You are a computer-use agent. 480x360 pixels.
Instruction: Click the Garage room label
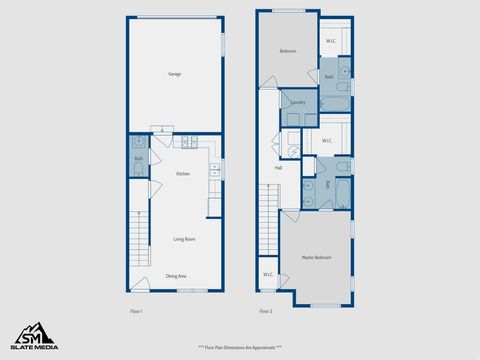[175, 74]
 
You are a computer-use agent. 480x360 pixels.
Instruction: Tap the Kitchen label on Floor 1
[183, 174]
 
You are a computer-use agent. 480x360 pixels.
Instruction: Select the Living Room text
[184, 239]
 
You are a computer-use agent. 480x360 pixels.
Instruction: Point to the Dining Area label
[176, 276]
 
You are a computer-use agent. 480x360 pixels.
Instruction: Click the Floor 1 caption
[137, 312]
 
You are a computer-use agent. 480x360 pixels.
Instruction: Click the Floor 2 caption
[266, 312]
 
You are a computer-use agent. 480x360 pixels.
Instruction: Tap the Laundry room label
[297, 102]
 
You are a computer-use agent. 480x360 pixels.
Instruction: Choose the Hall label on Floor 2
[279, 168]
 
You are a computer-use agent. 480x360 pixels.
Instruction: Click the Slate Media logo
[34, 336]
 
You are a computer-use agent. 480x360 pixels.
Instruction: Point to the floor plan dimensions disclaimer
[239, 346]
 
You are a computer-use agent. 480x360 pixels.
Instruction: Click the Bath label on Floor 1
[138, 158]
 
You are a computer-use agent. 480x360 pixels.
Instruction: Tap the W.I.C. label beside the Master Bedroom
[269, 274]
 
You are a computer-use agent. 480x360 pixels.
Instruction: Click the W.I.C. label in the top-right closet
[331, 41]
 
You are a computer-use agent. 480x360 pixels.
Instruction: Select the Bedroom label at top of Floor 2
[288, 50]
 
